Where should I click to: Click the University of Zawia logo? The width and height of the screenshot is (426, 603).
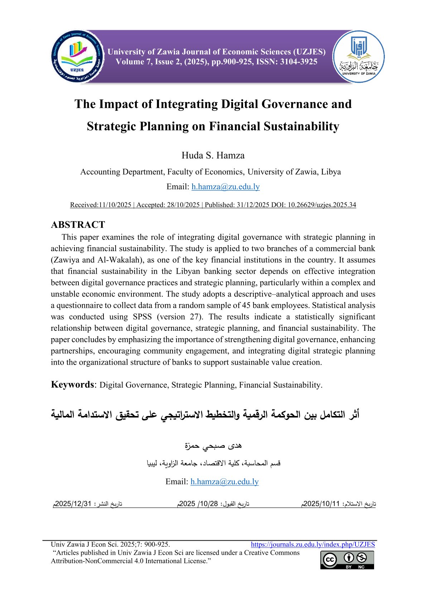(x=358, y=57)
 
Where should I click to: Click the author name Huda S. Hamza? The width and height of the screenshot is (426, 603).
(x=213, y=155)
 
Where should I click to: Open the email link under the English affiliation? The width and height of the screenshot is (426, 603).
(x=226, y=187)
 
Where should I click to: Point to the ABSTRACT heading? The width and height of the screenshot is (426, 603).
(x=78, y=225)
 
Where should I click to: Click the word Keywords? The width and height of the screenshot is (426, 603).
(x=72, y=384)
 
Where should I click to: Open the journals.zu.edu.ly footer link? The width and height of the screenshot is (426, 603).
(x=313, y=545)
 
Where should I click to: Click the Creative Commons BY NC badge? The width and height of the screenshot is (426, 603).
(x=347, y=560)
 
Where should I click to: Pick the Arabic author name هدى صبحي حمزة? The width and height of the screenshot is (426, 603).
(x=213, y=446)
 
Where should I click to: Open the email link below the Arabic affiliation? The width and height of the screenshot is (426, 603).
(x=224, y=482)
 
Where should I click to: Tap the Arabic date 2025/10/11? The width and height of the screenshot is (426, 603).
(x=321, y=503)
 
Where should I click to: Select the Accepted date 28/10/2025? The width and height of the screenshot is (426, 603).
(x=183, y=205)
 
